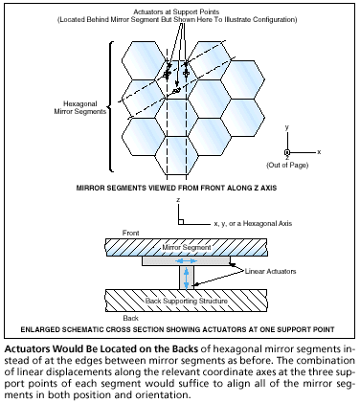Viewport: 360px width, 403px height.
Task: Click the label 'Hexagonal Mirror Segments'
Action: click(80, 108)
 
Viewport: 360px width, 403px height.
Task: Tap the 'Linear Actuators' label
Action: click(270, 271)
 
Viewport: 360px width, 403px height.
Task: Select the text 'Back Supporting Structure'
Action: click(187, 301)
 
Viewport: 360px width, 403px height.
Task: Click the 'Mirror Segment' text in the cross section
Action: click(187, 247)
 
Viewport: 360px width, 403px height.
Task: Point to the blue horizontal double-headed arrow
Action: click(187, 261)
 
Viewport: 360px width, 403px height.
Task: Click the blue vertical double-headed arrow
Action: click(187, 278)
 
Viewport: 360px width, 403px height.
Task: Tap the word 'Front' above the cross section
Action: click(131, 233)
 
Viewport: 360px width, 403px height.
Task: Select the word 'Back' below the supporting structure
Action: click(131, 318)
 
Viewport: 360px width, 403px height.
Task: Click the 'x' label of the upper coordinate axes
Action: click(319, 152)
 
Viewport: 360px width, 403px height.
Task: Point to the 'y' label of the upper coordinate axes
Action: click(287, 127)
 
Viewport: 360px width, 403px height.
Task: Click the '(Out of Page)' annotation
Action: click(287, 165)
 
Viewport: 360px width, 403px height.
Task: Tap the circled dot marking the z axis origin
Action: click(287, 153)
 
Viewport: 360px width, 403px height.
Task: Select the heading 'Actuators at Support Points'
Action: click(176, 12)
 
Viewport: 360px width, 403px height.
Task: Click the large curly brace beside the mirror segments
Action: click(110, 106)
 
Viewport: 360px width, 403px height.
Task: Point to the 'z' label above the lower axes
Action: click(178, 200)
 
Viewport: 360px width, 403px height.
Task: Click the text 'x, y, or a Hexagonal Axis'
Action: click(253, 223)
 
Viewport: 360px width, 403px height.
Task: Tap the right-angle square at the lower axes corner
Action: click(181, 222)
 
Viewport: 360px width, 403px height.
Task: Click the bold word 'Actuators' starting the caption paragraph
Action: click(26, 348)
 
